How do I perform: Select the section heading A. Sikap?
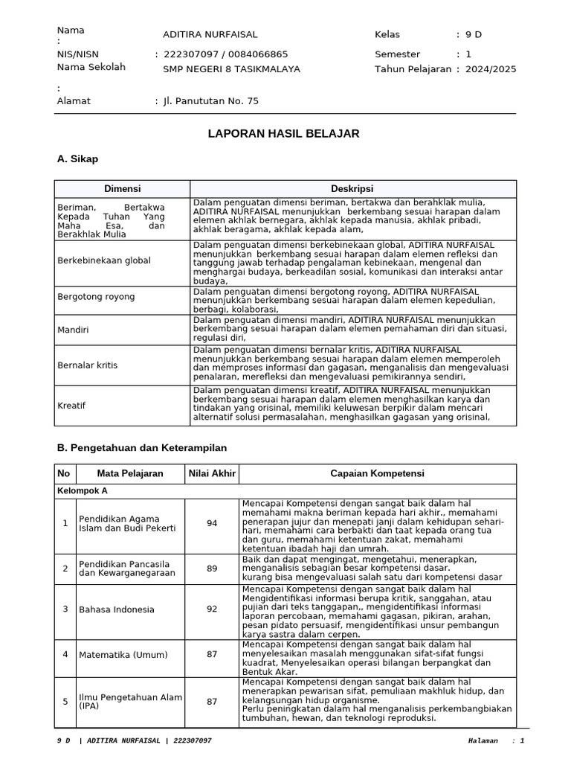pyautogui.click(x=77, y=159)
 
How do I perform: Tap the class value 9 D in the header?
pyautogui.click(x=474, y=35)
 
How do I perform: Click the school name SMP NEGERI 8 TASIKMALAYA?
pyautogui.click(x=231, y=69)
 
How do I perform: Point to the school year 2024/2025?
pyautogui.click(x=491, y=69)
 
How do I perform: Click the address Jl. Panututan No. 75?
pyautogui.click(x=211, y=101)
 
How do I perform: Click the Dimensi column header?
pyautogui.click(x=122, y=189)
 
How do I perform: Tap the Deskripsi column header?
pyautogui.click(x=352, y=189)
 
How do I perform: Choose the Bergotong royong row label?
pyautogui.click(x=97, y=297)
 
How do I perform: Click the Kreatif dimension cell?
pyautogui.click(x=72, y=406)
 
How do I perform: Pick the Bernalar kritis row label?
pyautogui.click(x=88, y=365)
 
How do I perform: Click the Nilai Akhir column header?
pyautogui.click(x=212, y=474)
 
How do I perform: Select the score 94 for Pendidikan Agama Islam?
pyautogui.click(x=212, y=524)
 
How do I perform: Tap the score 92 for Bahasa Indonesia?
pyautogui.click(x=212, y=609)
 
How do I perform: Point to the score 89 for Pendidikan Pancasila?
pyautogui.click(x=212, y=569)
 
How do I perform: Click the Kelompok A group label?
pyautogui.click(x=83, y=492)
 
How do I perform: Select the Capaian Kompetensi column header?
pyautogui.click(x=377, y=474)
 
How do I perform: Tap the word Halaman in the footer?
pyautogui.click(x=485, y=741)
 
